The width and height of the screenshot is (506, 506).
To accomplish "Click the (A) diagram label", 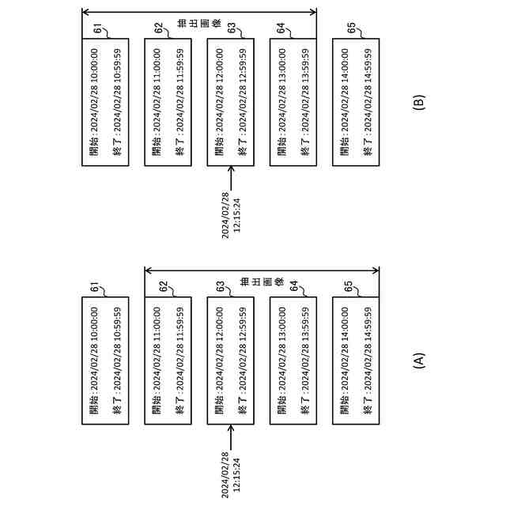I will coord(419,361).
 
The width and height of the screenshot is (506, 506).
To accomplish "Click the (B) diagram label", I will coord(419,102).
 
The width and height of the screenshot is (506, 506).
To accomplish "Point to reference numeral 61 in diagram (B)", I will coord(98,29).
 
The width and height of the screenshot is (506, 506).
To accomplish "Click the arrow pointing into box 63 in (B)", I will coord(230,178).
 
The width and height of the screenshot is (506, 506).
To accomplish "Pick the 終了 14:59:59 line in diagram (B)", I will coord(368,103).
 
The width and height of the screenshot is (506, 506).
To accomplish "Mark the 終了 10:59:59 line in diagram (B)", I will coord(117,103).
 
